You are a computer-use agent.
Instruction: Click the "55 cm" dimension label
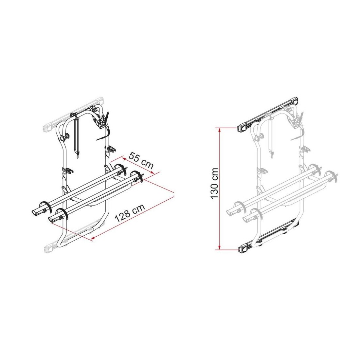click(141, 160)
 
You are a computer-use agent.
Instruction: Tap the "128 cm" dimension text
click(130, 213)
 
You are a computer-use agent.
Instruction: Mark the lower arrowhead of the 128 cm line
click(93, 239)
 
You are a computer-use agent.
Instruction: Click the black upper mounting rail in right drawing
click(267, 114)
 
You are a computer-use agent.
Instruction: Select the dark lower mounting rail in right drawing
click(267, 237)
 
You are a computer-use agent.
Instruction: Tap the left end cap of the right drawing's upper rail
click(242, 128)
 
